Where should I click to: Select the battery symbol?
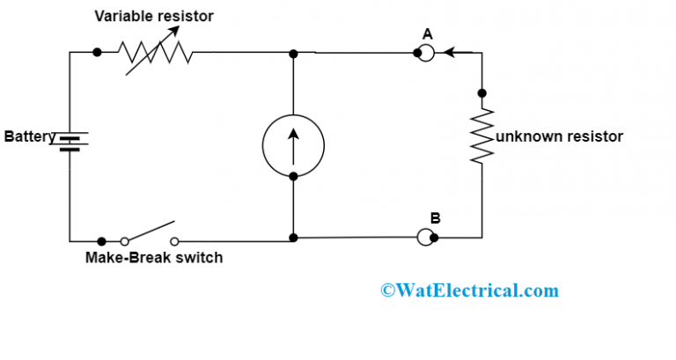[x=70, y=141]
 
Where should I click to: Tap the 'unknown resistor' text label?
[x=560, y=136]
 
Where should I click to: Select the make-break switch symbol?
[x=150, y=234]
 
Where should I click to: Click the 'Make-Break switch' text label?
[x=154, y=258]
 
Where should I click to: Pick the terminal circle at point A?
[x=426, y=53]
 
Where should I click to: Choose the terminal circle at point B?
[x=426, y=237]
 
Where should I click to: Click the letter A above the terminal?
[x=427, y=33]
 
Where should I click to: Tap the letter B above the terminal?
[x=434, y=217]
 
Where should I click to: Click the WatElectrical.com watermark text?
[x=468, y=290]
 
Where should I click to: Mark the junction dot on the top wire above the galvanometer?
[x=293, y=54]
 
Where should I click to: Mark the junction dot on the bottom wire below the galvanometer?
[x=293, y=238]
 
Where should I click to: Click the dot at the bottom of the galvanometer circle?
[x=293, y=176]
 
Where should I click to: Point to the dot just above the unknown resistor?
[x=481, y=92]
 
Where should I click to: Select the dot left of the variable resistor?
[x=96, y=53]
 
